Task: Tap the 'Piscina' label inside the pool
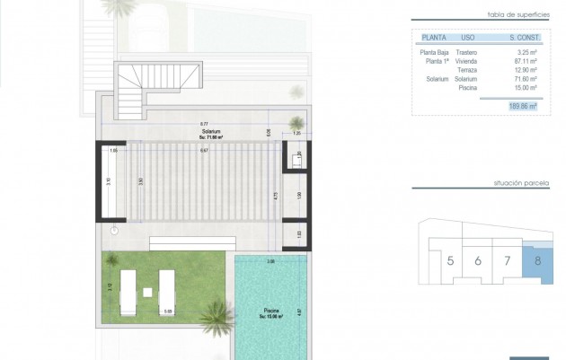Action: click(x=271, y=311)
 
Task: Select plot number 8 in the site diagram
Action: click(x=537, y=262)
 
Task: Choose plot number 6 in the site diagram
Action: click(x=479, y=262)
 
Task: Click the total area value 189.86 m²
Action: click(x=522, y=106)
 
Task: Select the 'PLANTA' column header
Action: click(x=434, y=38)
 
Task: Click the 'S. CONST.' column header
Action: click(x=523, y=38)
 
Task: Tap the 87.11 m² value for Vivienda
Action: click(x=525, y=61)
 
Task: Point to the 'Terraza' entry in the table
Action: click(x=466, y=70)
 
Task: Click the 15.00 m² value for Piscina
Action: click(x=525, y=88)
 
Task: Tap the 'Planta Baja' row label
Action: click(x=435, y=52)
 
